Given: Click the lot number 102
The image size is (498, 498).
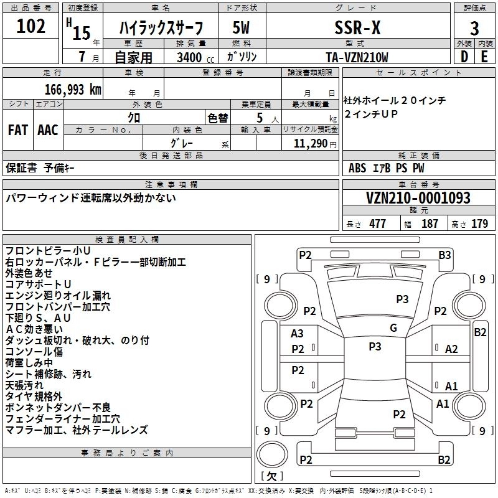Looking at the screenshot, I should pyautogui.click(x=31, y=27).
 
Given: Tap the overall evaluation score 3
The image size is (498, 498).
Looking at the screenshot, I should pyautogui.click(x=474, y=28).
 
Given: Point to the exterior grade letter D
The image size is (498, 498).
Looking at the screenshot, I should pyautogui.click(x=464, y=56).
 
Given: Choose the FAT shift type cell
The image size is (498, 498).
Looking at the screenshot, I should pyautogui.click(x=17, y=130).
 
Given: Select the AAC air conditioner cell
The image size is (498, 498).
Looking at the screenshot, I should pyautogui.click(x=48, y=130).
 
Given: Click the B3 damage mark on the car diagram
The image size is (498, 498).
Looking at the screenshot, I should pyautogui.click(x=444, y=255).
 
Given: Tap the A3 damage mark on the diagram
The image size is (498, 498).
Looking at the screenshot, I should pyautogui.click(x=298, y=334).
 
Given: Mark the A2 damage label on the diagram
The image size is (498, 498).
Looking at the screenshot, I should pyautogui.click(x=451, y=349).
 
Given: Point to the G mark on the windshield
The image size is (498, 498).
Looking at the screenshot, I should pyautogui.click(x=393, y=328).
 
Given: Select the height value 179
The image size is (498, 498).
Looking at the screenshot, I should pyautogui.click(x=480, y=224).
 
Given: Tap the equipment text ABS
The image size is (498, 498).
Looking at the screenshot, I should pyautogui.click(x=357, y=168).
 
